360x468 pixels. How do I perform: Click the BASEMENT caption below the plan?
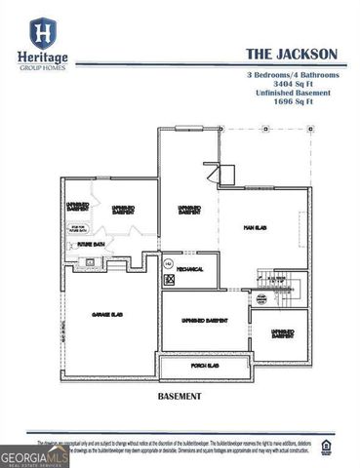[179, 397]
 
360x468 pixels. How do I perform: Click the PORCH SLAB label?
[203, 366]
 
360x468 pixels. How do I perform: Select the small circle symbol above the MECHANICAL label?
[167, 263]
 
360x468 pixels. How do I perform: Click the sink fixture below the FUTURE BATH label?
[90, 261]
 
